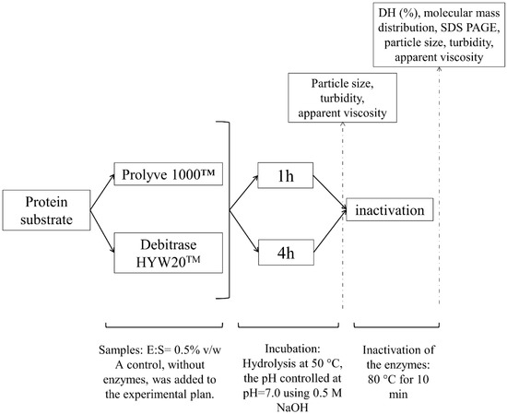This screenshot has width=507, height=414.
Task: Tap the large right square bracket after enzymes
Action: (223, 210)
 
